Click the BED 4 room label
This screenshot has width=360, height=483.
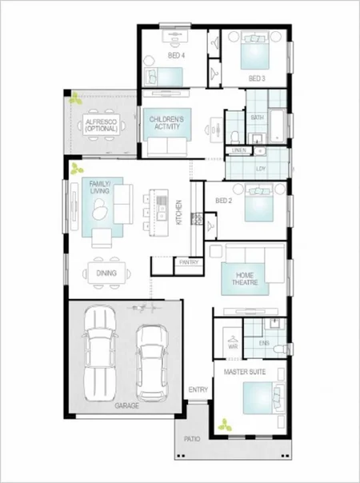[176, 56]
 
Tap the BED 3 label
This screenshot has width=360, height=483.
[256, 78]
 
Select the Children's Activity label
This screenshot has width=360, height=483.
[166, 123]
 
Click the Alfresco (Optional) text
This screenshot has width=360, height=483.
[102, 126]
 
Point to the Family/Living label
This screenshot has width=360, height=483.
[99, 187]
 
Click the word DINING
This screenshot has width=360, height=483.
[106, 273]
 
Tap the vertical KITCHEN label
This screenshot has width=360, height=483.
[180, 212]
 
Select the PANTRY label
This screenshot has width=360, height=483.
[189, 262]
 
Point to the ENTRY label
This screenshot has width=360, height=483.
[198, 390]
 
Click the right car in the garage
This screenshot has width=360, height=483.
[150, 356]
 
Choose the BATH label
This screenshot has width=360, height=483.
[258, 118]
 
